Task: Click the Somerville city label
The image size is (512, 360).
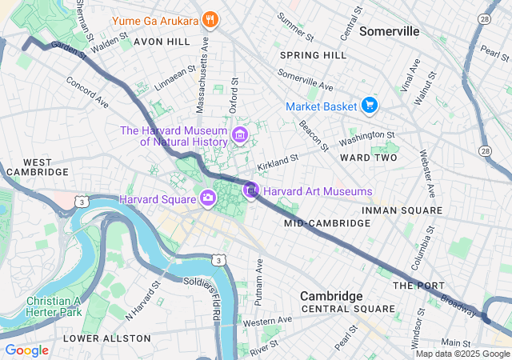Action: pyautogui.click(x=390, y=31)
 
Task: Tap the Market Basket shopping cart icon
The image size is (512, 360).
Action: pyautogui.click(x=369, y=106)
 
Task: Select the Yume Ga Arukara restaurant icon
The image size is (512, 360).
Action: pyautogui.click(x=210, y=19)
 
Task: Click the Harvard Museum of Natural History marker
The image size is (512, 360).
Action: pyautogui.click(x=239, y=136)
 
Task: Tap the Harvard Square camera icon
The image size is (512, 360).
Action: pyautogui.click(x=208, y=198)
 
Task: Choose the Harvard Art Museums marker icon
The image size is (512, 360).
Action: pyautogui.click(x=251, y=191)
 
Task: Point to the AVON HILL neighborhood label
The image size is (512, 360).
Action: pyautogui.click(x=162, y=40)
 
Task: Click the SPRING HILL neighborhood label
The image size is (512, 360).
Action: pyautogui.click(x=314, y=55)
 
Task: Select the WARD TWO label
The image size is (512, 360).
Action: pyautogui.click(x=369, y=158)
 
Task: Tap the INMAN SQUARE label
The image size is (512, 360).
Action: pyautogui.click(x=402, y=210)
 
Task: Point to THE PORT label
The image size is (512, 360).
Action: pyautogui.click(x=413, y=286)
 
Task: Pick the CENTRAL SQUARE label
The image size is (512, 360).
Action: pyautogui.click(x=348, y=309)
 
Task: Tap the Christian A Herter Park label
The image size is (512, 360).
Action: pyautogui.click(x=54, y=307)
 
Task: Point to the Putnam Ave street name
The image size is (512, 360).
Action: pyautogui.click(x=258, y=282)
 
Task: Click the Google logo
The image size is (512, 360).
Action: pyautogui.click(x=26, y=350)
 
